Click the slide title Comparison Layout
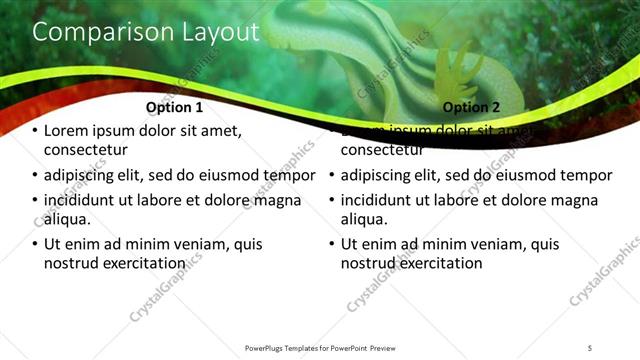(146, 32)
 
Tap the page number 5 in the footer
(590, 347)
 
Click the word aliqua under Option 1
(67, 219)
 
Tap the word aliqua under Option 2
(364, 219)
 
